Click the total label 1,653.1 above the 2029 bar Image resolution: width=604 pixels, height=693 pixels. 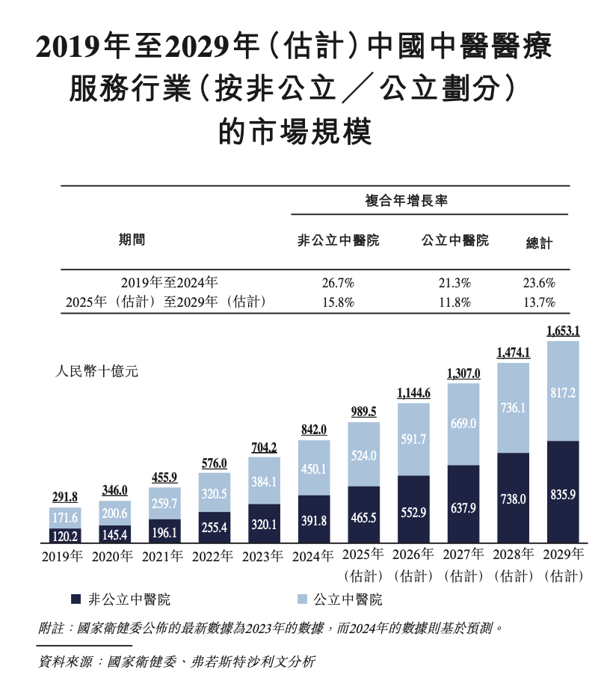click(x=564, y=330)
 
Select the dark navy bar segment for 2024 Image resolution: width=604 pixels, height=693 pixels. click(x=314, y=519)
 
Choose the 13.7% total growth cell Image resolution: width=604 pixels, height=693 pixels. click(x=540, y=302)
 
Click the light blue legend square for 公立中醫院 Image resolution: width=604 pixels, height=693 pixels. click(x=301, y=599)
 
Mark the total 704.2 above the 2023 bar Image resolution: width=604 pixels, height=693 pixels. click(x=264, y=448)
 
